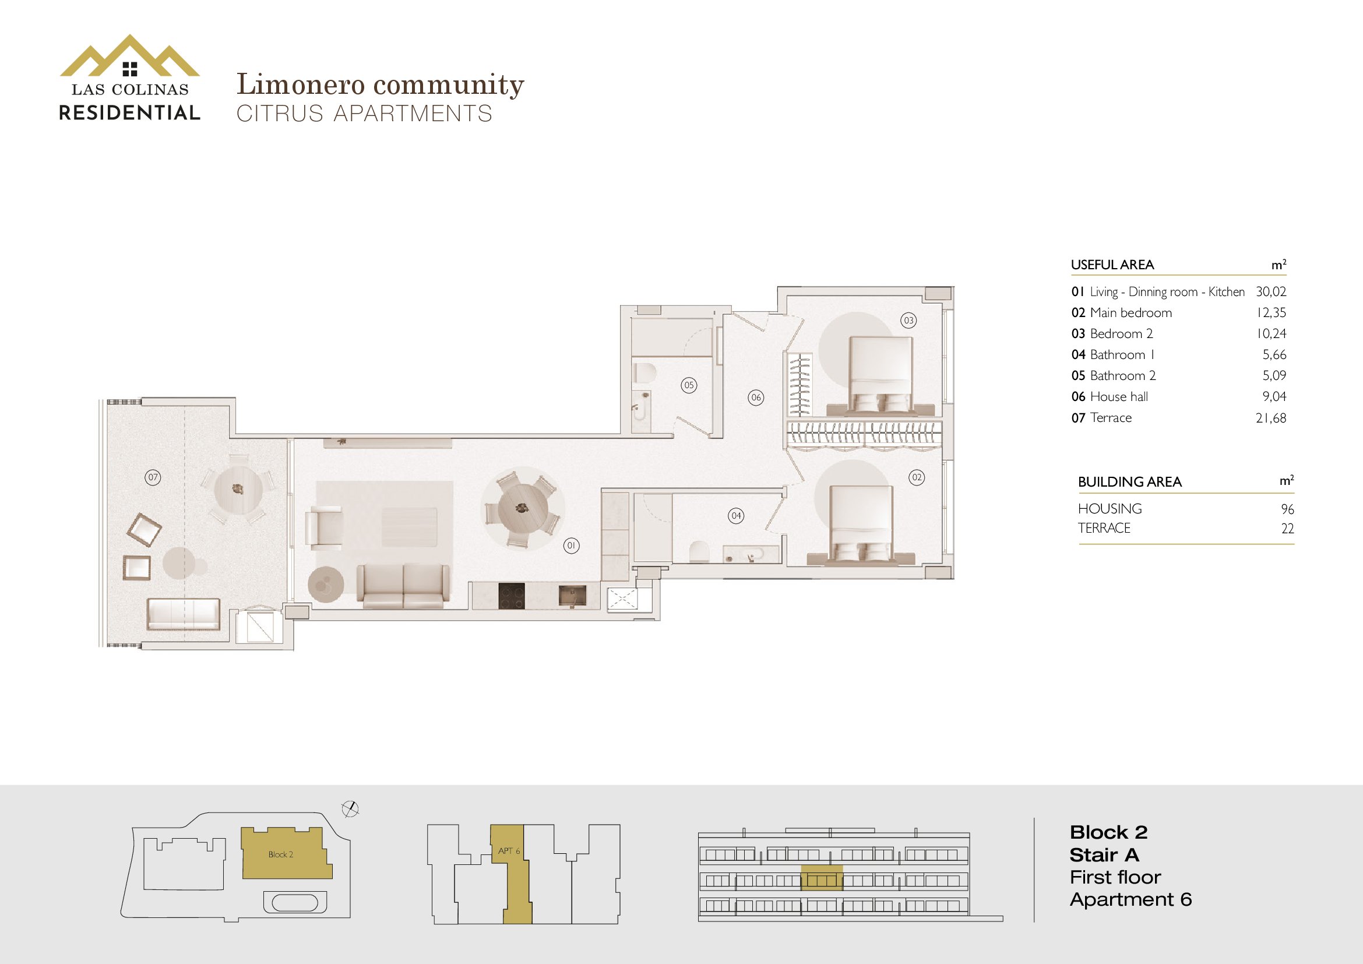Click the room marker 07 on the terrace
pos(153,477)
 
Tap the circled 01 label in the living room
pos(571,546)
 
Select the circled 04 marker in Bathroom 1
pos(736,515)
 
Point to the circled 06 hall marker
pos(756,397)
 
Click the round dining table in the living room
pos(522,508)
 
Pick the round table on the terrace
pos(238,490)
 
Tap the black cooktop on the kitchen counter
pos(511,596)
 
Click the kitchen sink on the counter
pos(572,596)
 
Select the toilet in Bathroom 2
pos(643,374)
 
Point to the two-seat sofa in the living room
pos(403,586)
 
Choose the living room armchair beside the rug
pos(323,526)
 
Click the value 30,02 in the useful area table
pos(1271,291)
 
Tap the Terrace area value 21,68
pos(1271,418)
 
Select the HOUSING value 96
pos(1287,509)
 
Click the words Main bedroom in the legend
pos(1131,313)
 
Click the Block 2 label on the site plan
pos(281,855)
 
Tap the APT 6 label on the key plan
pos(509,851)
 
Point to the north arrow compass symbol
pos(351,809)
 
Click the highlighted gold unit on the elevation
pos(822,878)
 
